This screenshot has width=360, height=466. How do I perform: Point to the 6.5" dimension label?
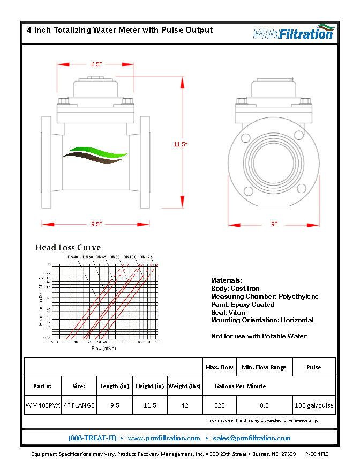96,64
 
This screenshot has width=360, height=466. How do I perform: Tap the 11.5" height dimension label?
181,144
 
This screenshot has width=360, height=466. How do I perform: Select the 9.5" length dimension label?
96,224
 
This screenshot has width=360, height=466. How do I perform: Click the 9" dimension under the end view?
274,224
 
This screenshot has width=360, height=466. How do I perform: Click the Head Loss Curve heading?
68,248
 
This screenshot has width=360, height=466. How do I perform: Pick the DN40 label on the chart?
73,257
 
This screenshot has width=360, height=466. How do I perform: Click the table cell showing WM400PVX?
43,405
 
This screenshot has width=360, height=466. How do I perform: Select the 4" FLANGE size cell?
79,405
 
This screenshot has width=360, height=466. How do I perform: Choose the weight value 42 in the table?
185,405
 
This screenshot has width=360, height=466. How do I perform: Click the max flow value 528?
220,405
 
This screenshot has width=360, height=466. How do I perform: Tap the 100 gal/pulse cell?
314,405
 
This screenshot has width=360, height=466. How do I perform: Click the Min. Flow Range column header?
264,367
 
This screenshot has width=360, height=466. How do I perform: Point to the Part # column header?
43,386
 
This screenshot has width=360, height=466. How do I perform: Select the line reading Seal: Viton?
228,312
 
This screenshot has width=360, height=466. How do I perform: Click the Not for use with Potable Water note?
259,336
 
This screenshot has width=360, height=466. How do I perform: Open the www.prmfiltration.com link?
164,438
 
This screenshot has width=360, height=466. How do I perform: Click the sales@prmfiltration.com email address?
252,438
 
